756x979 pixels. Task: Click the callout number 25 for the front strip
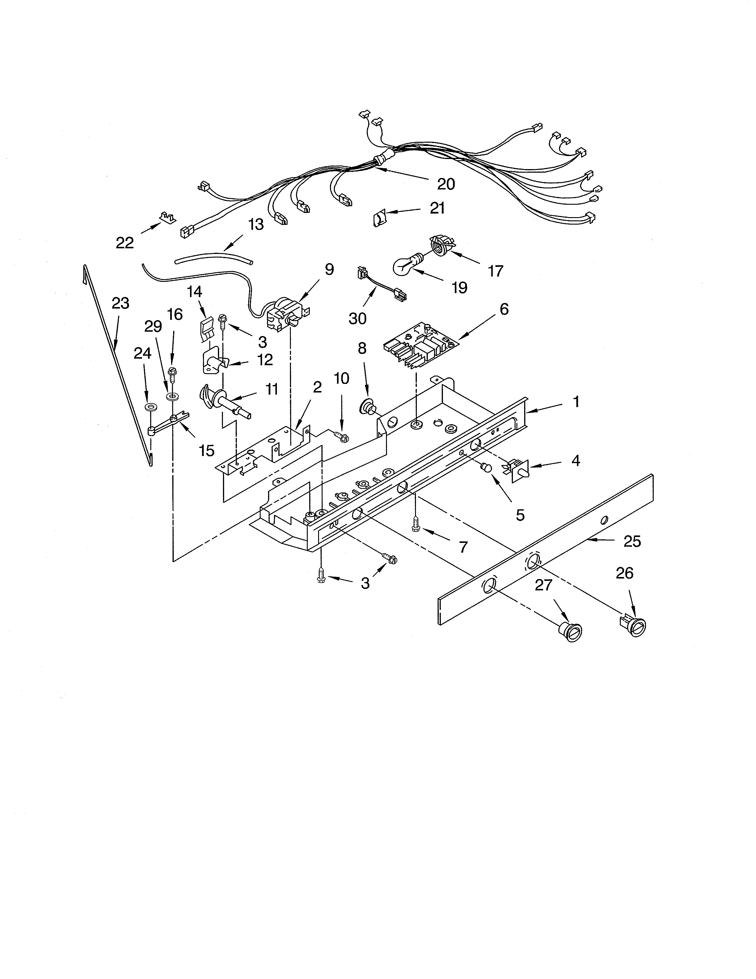pyautogui.click(x=632, y=541)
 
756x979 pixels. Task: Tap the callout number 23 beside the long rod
pyautogui.click(x=120, y=303)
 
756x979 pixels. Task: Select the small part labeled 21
pyautogui.click(x=379, y=219)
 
